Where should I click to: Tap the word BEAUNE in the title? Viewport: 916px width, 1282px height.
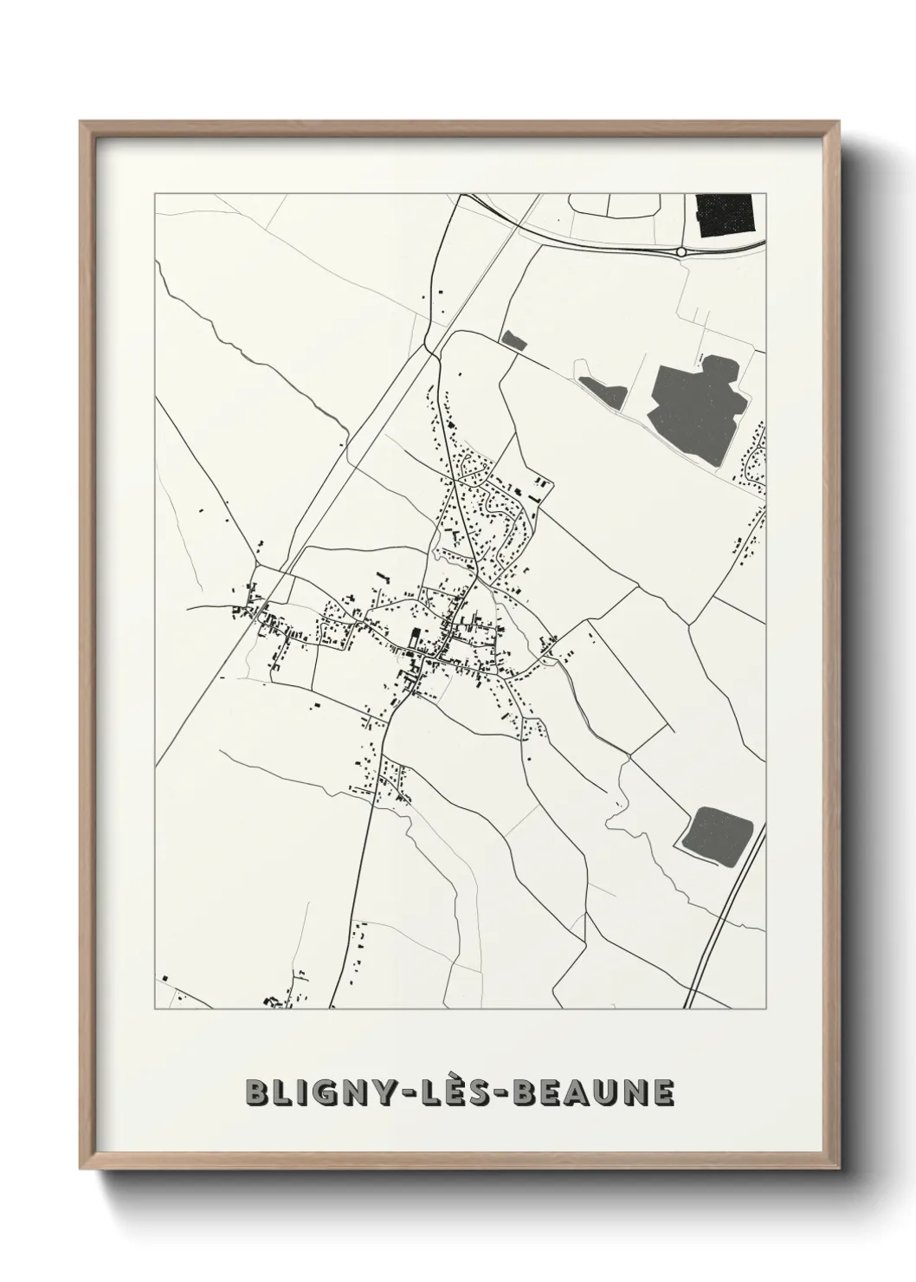coord(593,1092)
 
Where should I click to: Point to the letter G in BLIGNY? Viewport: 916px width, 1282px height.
coord(313,1092)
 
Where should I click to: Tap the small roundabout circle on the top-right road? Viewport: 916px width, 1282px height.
coord(681,252)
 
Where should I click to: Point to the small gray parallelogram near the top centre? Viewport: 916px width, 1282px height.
coord(513,340)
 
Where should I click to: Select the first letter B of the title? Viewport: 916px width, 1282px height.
coord(256,1092)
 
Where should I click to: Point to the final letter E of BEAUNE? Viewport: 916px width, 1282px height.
coord(662,1092)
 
